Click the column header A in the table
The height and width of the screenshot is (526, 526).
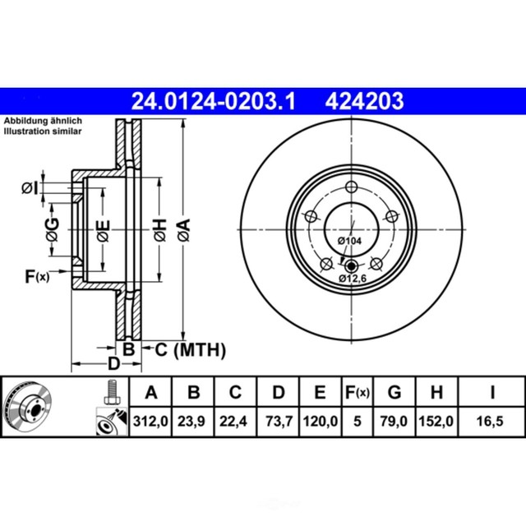[150, 392]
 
